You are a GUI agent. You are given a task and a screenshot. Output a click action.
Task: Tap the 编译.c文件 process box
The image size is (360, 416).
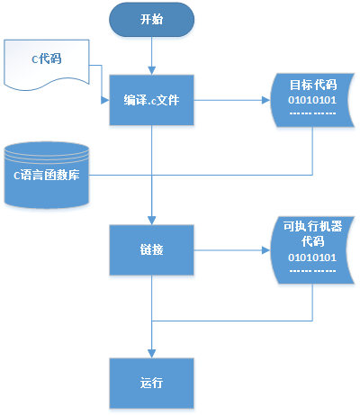click(152, 100)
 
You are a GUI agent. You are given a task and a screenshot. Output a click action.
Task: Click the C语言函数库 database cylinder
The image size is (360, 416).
click(46, 174)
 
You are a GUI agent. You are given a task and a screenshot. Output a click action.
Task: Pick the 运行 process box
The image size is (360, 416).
click(152, 382)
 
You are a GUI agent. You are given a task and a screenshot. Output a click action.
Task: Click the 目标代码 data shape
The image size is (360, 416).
click(311, 100)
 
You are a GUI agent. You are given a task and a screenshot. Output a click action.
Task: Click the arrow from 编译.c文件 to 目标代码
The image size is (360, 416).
click(234, 100)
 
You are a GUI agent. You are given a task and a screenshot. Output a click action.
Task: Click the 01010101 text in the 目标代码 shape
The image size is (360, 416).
click(311, 101)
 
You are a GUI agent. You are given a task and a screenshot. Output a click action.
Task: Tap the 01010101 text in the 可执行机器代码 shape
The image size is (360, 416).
click(311, 258)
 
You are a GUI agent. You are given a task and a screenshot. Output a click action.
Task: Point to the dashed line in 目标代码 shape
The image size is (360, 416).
click(311, 114)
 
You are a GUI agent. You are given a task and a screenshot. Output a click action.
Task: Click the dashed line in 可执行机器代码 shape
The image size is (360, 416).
click(311, 270)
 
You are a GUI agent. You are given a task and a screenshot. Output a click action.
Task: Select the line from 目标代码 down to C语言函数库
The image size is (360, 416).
click(311, 153)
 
